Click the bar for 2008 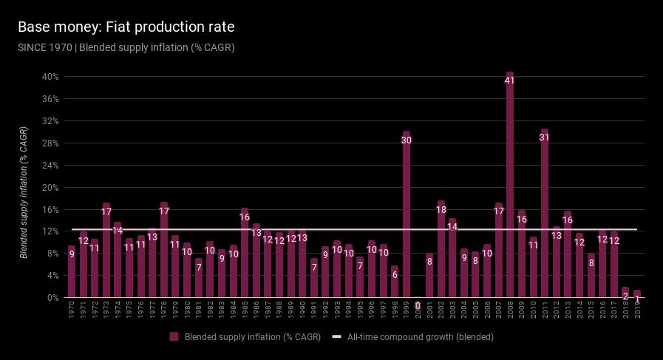(510, 185)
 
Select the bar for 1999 (407, 214)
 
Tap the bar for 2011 (545, 214)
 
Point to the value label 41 (510, 81)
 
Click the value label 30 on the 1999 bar (407, 140)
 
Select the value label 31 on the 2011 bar (545, 137)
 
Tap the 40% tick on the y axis (50, 77)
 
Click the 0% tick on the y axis (52, 298)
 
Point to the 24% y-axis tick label (50, 165)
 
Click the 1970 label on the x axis (72, 310)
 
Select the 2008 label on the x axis (510, 310)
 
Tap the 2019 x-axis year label (637, 310)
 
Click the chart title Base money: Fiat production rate (126, 27)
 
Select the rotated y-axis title (24, 193)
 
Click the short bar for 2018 (625, 293)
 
